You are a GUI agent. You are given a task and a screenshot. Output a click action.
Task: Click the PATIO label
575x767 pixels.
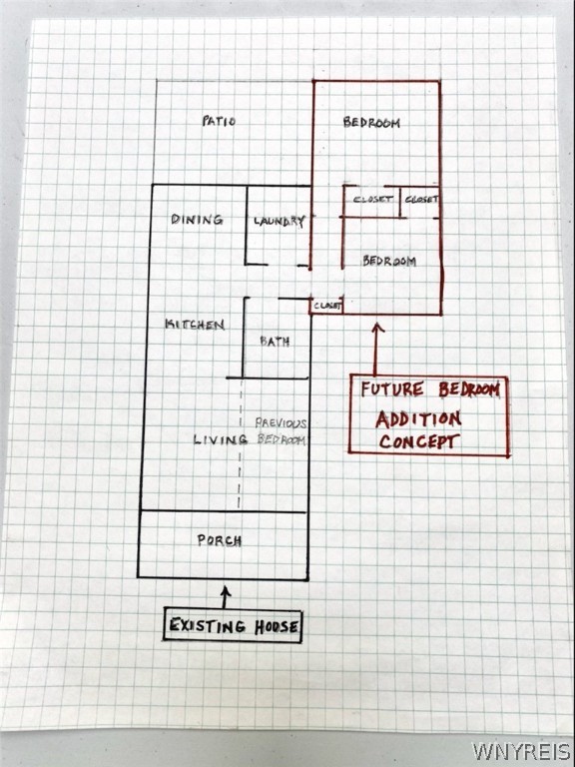point(219,120)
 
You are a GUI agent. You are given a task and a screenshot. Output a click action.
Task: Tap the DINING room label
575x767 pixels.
point(197,219)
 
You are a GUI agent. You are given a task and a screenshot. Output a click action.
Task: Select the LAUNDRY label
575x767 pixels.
point(280,221)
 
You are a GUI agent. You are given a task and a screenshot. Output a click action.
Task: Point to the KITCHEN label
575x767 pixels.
point(195,325)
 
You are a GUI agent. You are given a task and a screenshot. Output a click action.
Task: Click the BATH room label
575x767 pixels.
point(275,341)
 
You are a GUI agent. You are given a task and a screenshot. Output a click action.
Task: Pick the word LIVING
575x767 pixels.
point(220,439)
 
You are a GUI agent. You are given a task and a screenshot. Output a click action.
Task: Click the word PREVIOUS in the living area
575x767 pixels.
point(281,422)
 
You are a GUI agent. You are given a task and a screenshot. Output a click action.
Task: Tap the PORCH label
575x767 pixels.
point(219,540)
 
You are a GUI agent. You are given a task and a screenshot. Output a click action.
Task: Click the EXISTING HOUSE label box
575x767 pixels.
point(233,625)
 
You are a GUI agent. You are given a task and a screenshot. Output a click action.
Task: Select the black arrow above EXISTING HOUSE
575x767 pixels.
point(225,597)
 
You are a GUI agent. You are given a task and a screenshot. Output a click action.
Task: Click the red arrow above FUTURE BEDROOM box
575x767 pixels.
point(376,349)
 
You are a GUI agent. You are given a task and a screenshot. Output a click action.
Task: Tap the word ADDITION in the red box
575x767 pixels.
point(418,418)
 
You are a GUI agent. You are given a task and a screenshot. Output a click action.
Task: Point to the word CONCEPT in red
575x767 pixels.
point(419,441)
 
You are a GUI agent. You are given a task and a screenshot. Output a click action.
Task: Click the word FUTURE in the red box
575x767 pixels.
point(392,389)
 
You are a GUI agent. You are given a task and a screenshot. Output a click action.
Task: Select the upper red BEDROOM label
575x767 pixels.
point(371,122)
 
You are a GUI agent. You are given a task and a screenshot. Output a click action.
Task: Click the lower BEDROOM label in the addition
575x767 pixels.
point(389,261)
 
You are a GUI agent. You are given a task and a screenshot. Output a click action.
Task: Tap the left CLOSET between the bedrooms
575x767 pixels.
point(372,199)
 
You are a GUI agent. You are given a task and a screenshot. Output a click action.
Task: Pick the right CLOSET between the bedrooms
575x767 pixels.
point(421,199)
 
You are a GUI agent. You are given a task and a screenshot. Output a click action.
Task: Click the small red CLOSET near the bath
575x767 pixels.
point(327,306)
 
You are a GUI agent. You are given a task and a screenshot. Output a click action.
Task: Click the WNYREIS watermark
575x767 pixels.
point(522,750)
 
